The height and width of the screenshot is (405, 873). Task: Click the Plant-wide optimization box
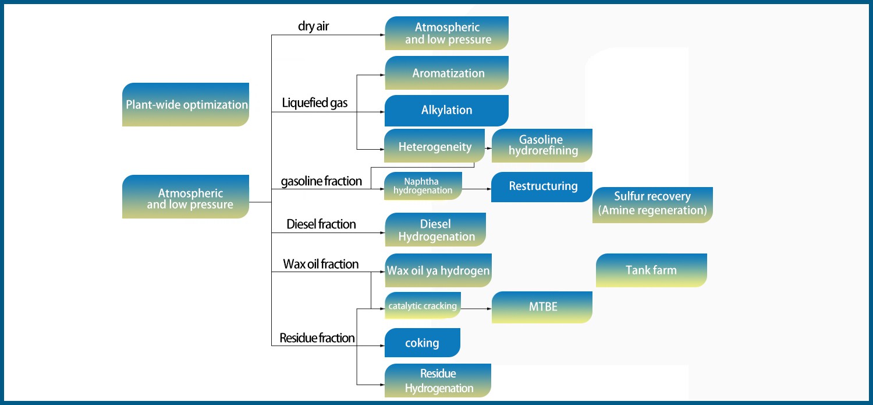coord(186,105)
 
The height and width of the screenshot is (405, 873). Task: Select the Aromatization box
coord(447,73)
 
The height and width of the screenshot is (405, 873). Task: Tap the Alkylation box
coord(447,110)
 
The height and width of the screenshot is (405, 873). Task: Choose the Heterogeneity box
coord(435,146)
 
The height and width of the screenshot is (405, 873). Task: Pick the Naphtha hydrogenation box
coord(423,186)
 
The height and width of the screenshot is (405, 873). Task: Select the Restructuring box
coord(542,186)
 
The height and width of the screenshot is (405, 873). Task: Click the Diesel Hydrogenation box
coord(435,230)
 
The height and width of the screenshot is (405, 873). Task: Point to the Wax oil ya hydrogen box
coord(438,270)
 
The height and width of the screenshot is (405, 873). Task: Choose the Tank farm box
coord(651,270)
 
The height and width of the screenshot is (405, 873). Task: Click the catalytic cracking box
coord(423,305)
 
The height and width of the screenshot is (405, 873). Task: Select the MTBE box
coord(542,307)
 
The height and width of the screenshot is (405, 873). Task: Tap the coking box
coord(423,343)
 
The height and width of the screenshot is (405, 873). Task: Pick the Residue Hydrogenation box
coord(438,381)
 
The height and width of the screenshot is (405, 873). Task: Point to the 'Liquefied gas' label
coord(315,103)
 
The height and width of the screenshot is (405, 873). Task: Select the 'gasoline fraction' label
coord(321,181)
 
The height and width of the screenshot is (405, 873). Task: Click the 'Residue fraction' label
coord(317,338)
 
